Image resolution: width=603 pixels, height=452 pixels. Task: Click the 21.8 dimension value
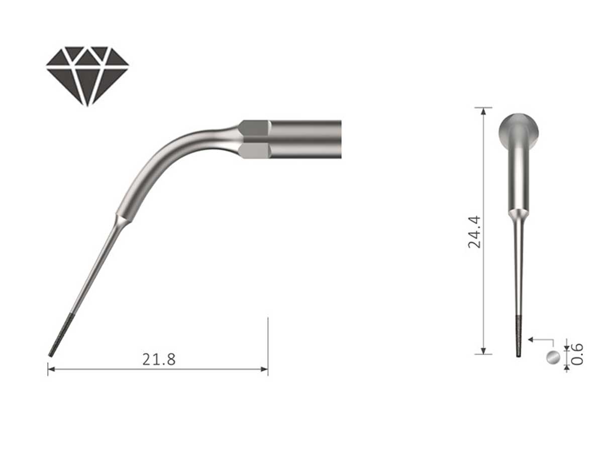[159, 360]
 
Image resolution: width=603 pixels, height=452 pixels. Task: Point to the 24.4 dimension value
[475, 232]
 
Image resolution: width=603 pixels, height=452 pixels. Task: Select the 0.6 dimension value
[577, 354]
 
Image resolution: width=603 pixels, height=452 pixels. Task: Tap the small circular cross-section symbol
[552, 358]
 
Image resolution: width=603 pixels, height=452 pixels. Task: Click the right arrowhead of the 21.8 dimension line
[264, 369]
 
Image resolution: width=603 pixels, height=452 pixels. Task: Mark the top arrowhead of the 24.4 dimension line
[483, 111]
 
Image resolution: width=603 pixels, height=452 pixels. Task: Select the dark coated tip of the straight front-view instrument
[518, 336]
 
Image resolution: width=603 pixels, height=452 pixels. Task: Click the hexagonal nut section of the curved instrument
[255, 140]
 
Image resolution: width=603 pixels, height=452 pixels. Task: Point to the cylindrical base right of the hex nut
[306, 140]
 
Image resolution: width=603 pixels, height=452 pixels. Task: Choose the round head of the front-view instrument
[518, 130]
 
